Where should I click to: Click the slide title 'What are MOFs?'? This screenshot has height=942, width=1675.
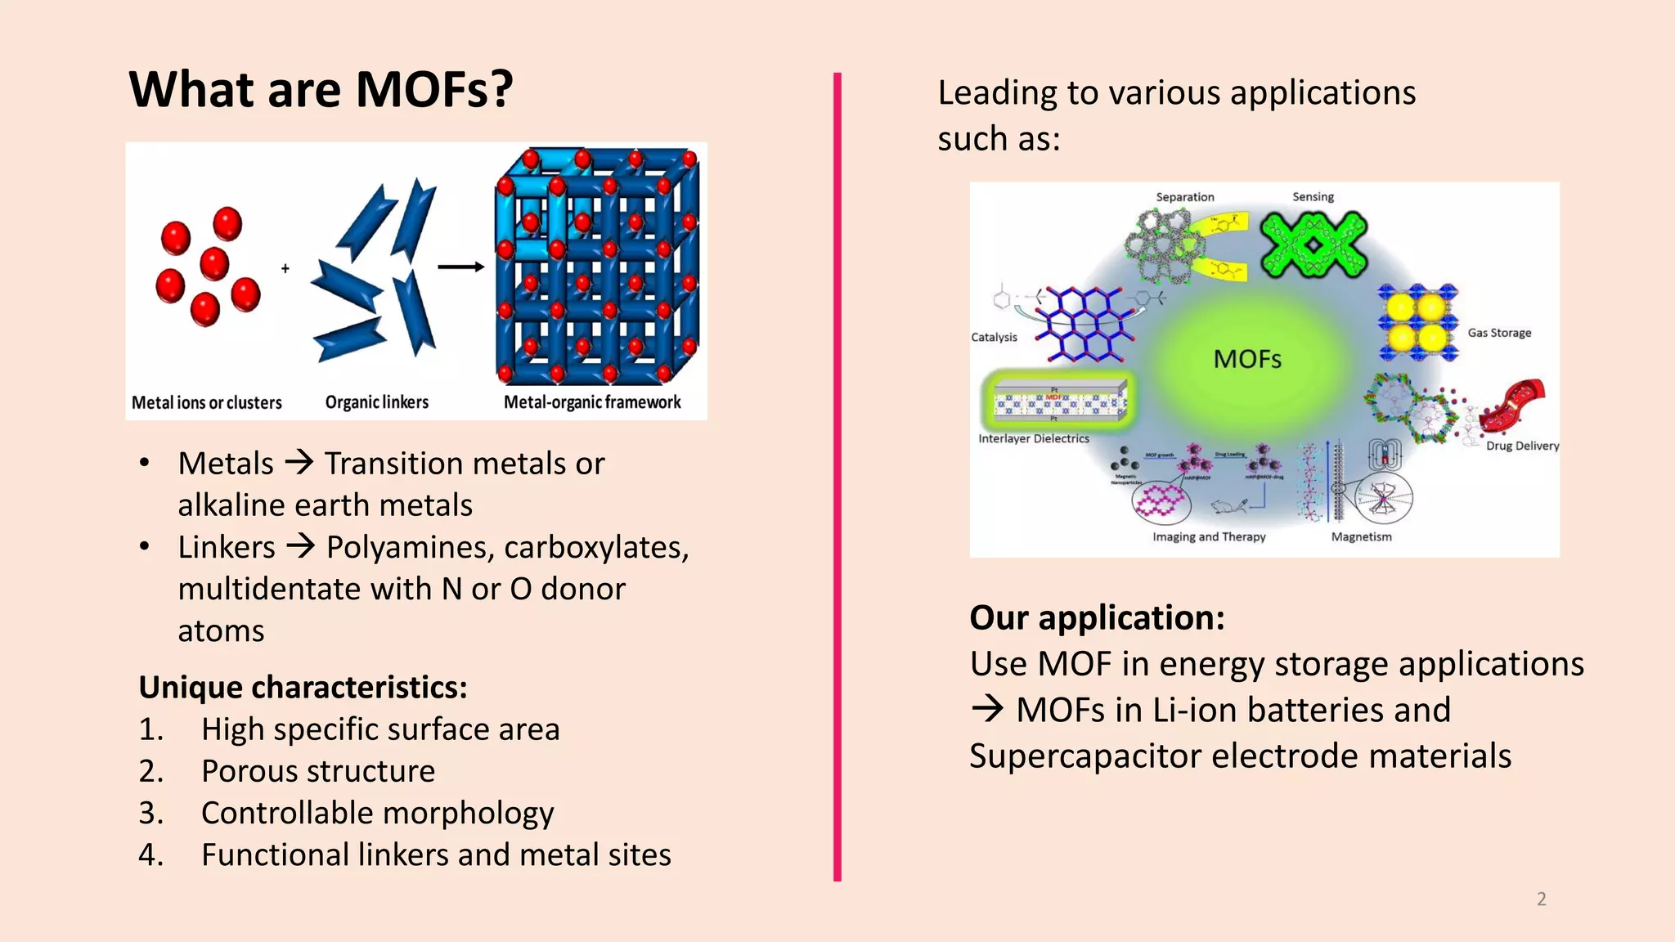coord(321,89)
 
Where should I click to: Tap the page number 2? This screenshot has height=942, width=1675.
coord(1541,899)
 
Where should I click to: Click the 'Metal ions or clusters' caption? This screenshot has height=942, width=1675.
coord(207,402)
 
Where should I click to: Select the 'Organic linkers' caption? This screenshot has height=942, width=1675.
coord(377,402)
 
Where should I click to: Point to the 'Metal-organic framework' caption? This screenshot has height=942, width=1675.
coord(592,402)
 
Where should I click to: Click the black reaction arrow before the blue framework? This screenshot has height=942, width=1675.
coord(460,267)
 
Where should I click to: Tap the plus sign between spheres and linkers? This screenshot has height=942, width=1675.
coord(285,268)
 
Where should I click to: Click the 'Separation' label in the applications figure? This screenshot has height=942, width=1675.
coord(1184,197)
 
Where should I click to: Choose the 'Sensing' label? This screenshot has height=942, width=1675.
coord(1313,197)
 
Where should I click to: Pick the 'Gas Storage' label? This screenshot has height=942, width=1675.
coord(1499,333)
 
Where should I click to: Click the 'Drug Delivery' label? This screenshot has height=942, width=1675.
coord(1522,446)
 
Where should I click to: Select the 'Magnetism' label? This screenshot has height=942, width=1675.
coord(1361,536)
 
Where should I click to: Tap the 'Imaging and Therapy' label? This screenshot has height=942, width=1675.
coord(1209,536)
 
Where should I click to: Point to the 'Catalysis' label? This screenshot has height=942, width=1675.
coord(994,337)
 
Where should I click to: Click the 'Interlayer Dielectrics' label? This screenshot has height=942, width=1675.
coord(1034,438)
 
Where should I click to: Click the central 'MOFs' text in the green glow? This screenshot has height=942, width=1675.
coord(1247,359)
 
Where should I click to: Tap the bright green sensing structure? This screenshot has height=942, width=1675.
coord(1314,244)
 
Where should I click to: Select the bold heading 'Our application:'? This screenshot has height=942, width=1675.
coord(1097,617)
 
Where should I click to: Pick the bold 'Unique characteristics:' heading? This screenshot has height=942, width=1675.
coord(303,688)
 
